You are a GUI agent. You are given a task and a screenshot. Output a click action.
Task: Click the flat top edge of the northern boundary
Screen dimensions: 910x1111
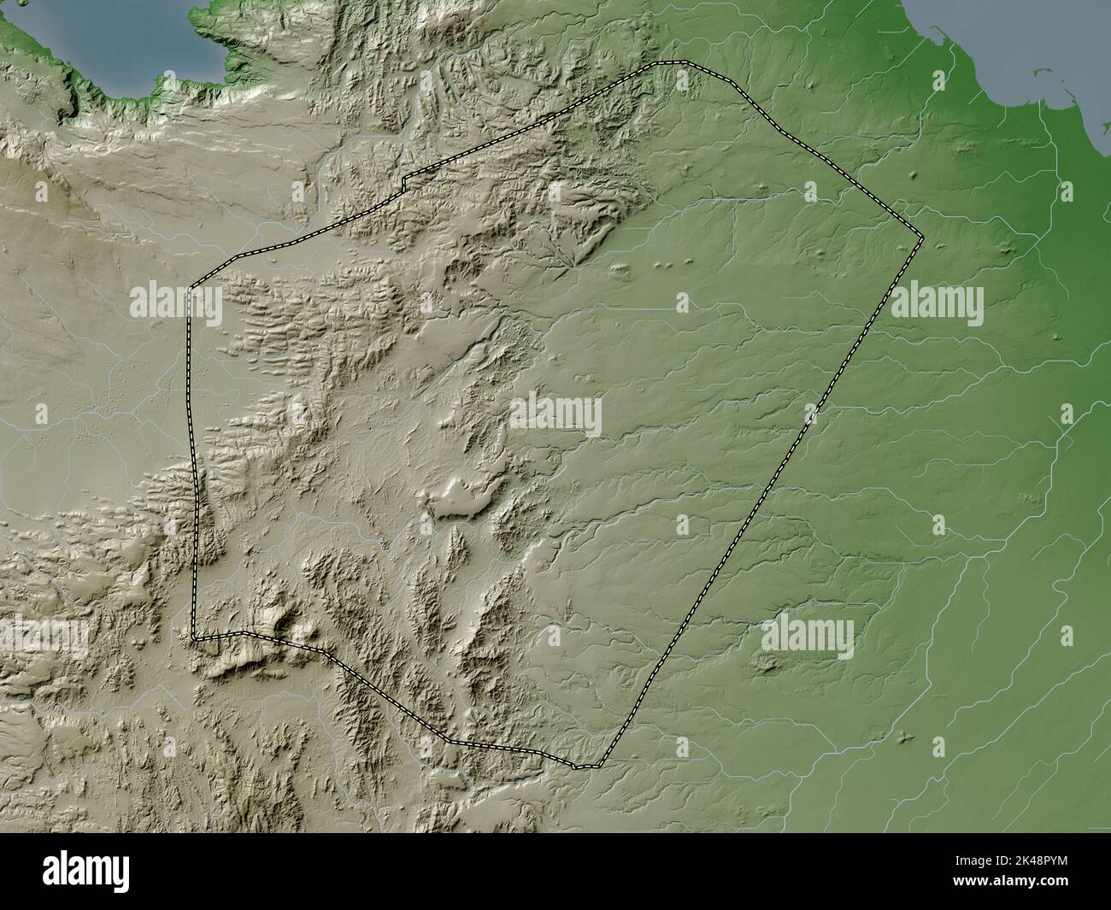(670, 62)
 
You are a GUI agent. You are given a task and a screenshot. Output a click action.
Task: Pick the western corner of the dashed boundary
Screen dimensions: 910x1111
(190, 287)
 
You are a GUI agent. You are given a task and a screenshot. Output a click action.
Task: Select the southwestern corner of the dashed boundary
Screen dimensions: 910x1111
(194, 637)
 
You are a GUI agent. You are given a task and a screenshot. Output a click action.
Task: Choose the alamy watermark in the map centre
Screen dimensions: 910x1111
(555, 415)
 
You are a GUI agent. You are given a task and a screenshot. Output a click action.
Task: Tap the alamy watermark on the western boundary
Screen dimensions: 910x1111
(176, 302)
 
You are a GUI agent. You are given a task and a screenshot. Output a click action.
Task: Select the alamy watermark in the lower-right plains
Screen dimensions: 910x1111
(807, 637)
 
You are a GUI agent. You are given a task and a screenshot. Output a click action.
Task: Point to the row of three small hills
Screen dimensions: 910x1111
(670, 265)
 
